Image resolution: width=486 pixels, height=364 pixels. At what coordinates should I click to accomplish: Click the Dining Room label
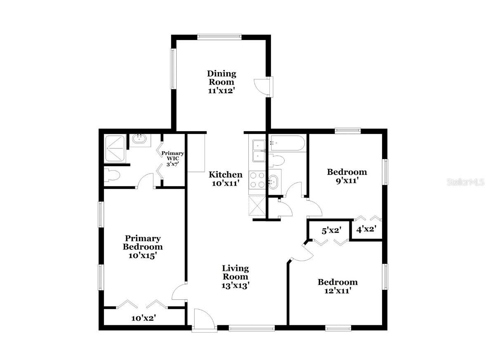pyautogui.click(x=222, y=82)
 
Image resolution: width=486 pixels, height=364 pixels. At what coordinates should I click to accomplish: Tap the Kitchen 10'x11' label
pyautogui.click(x=225, y=179)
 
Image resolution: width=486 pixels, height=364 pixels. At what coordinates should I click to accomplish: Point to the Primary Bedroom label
pyautogui.click(x=143, y=247)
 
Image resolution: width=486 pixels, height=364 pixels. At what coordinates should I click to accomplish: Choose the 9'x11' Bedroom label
pyautogui.click(x=347, y=176)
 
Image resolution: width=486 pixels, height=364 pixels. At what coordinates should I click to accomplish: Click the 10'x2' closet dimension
pyautogui.click(x=143, y=318)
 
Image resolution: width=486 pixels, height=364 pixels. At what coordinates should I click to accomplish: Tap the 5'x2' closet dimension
pyautogui.click(x=330, y=230)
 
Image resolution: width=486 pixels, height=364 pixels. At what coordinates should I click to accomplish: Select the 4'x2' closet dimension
pyautogui.click(x=366, y=229)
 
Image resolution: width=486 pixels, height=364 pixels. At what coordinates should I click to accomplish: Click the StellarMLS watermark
pyautogui.click(x=465, y=182)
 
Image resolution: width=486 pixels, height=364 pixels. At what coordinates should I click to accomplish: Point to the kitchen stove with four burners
pyautogui.click(x=258, y=181)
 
